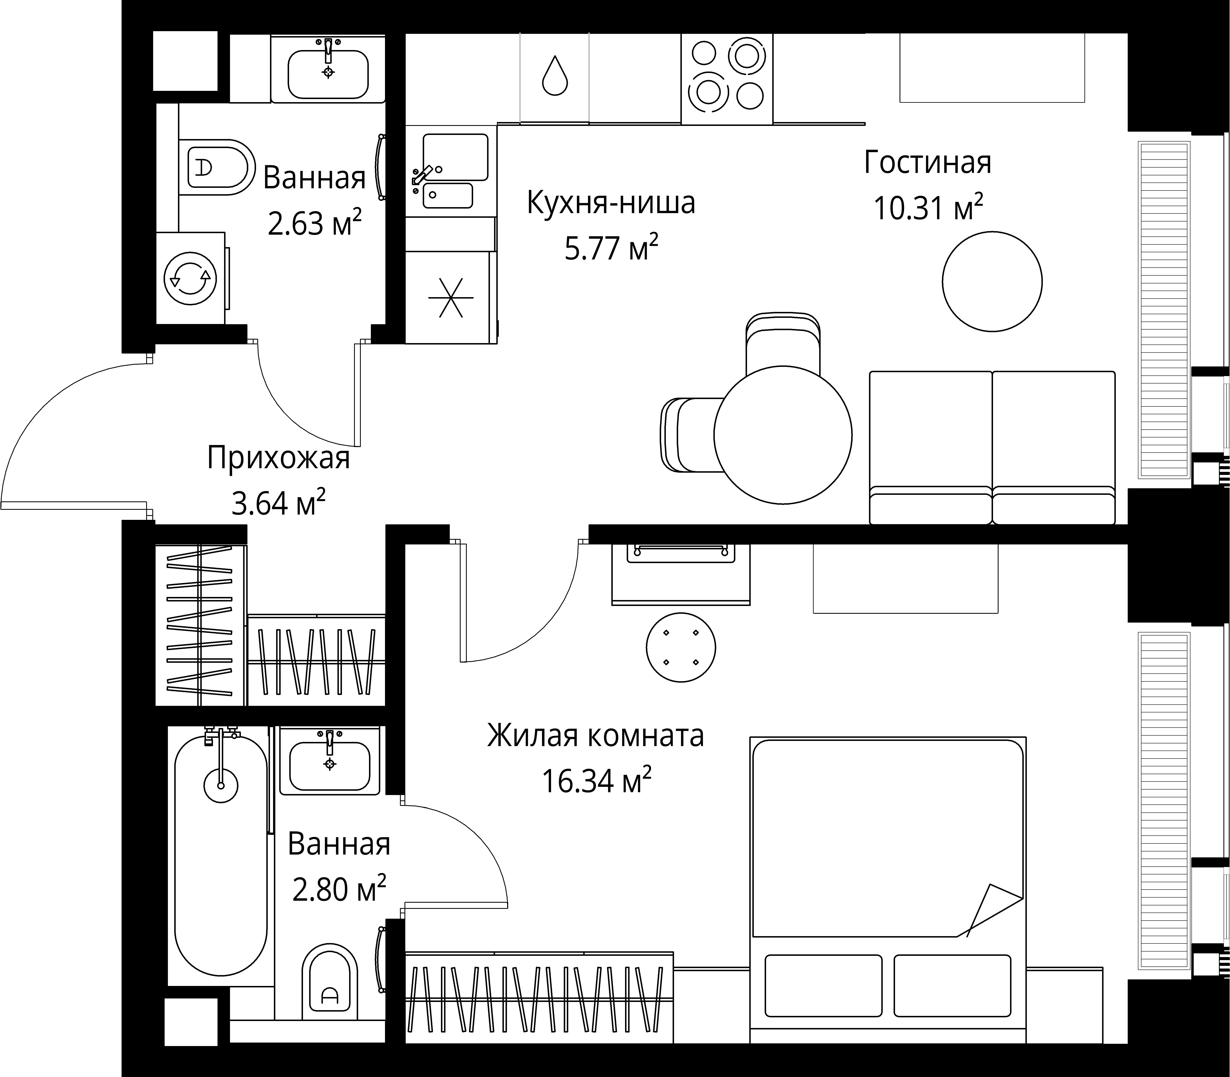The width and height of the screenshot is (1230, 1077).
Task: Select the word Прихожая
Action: [x=278, y=458]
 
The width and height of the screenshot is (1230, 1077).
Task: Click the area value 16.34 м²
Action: [x=597, y=781]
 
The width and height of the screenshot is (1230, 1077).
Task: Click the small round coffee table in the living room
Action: [x=992, y=282]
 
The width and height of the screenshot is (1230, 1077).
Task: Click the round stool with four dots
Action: [x=681, y=647]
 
